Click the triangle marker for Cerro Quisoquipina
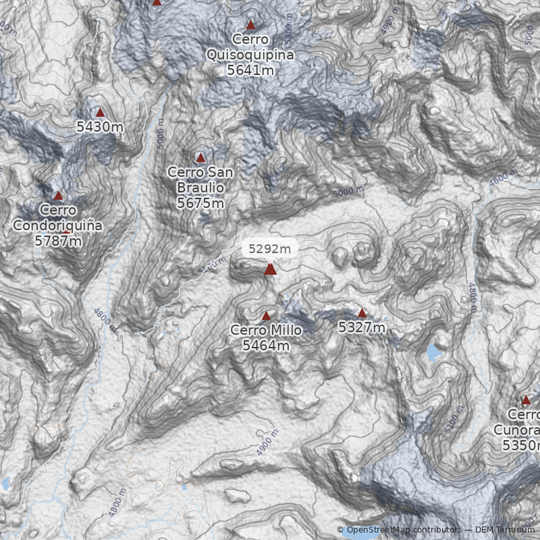tap(250, 26)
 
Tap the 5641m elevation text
tap(250, 70)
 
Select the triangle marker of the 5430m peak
tap(101, 113)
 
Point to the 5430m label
tap(100, 127)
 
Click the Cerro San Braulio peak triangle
tap(200, 157)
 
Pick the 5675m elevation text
tap(200, 202)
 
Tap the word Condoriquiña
tap(58, 225)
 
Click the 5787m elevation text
tap(58, 240)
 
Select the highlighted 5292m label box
tap(270, 248)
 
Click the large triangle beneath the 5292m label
tap(270, 269)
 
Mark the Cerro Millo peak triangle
tap(266, 315)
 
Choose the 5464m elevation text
tap(266, 346)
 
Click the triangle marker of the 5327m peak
tap(362, 313)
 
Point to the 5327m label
tap(362, 327)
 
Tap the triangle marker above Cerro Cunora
tap(526, 400)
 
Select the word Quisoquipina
tap(250, 55)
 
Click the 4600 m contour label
tap(503, 180)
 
